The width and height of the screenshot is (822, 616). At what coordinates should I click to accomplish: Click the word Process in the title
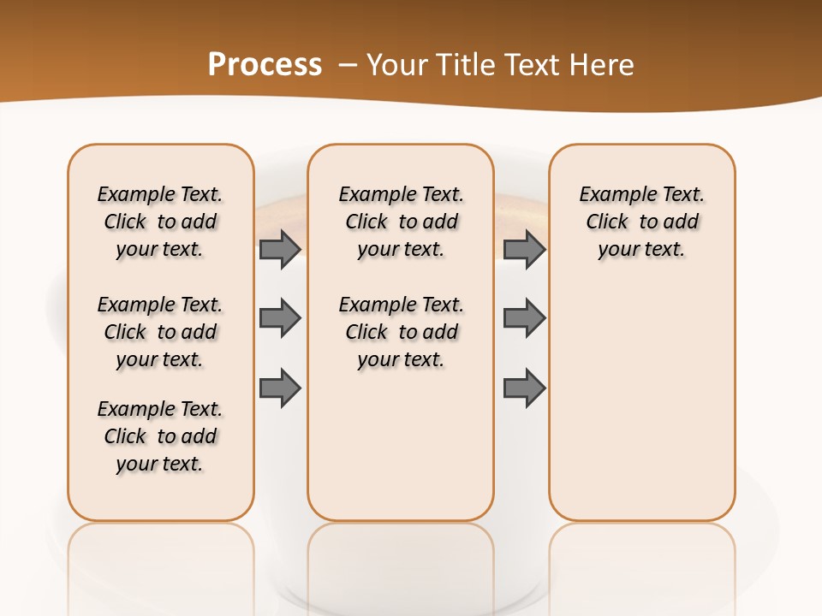(265, 64)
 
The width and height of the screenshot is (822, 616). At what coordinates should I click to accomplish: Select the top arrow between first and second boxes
(280, 249)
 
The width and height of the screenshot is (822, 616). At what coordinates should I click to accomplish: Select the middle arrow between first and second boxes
(280, 318)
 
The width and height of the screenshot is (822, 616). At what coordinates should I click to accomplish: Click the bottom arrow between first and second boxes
(280, 388)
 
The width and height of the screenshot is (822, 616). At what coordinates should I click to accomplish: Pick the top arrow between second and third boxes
(524, 249)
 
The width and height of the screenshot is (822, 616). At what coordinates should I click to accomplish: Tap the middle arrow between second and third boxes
(524, 318)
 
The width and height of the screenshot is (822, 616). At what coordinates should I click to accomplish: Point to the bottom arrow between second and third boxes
(524, 388)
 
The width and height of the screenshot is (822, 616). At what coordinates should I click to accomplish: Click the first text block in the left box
(160, 222)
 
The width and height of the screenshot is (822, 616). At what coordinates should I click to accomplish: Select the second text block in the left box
(160, 332)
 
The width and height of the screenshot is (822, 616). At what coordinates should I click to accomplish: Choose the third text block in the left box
(160, 436)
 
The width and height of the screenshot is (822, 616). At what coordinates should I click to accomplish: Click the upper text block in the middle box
(401, 222)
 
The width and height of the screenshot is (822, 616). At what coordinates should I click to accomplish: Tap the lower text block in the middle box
(401, 332)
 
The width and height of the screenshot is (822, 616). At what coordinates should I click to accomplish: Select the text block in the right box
(641, 222)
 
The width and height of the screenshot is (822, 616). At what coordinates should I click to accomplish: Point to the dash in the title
(348, 64)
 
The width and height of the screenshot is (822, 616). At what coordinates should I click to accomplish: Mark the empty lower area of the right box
(641, 402)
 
